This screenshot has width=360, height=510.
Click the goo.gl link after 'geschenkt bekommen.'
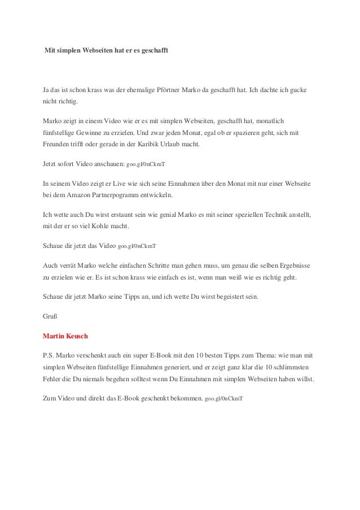coord(224,399)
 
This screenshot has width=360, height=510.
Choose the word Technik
coord(265,215)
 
